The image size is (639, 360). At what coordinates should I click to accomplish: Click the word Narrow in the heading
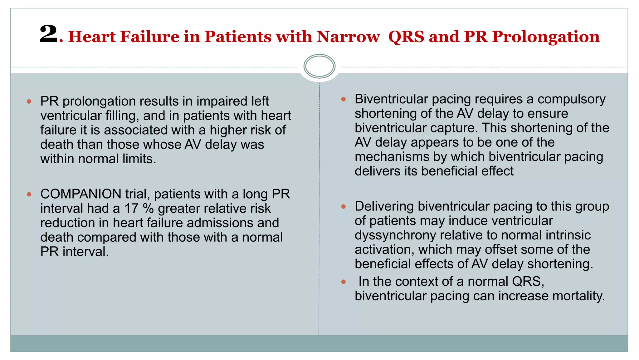click(348, 37)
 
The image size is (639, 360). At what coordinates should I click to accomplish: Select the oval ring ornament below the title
click(319, 66)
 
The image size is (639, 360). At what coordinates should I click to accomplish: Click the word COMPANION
click(81, 194)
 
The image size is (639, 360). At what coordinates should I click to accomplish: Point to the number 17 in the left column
click(131, 209)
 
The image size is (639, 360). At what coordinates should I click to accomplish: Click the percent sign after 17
click(148, 209)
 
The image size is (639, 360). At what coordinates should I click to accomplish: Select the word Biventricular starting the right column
click(391, 99)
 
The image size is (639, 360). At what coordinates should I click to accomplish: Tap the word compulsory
click(571, 99)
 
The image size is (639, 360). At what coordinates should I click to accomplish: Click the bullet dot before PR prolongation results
click(29, 101)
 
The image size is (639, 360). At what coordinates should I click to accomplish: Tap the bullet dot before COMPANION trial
click(29, 194)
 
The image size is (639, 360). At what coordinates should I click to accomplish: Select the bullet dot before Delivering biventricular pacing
click(344, 206)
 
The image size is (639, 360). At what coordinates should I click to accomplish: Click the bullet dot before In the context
click(344, 282)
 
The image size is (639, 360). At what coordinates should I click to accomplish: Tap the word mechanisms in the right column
click(392, 157)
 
